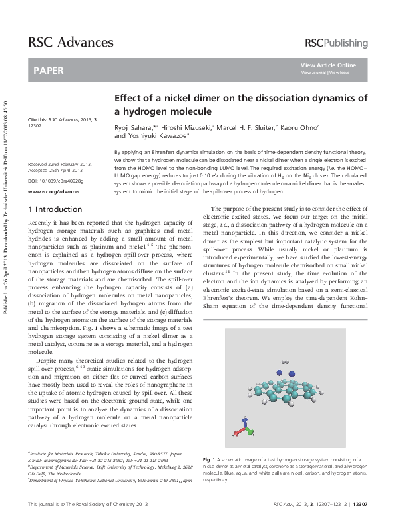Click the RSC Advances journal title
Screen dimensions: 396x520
tap(70, 43)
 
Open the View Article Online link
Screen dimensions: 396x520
tap(328, 65)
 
